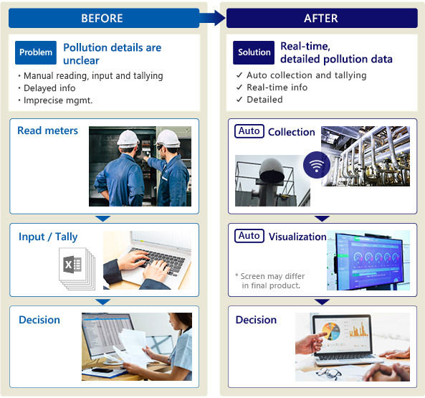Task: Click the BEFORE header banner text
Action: tap(102, 19)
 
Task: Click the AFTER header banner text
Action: tap(321, 19)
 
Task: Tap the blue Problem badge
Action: tap(36, 52)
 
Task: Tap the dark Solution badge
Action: tap(254, 52)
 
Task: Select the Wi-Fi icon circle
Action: tap(317, 165)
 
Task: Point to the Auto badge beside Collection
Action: tap(249, 131)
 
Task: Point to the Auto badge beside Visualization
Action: tap(249, 236)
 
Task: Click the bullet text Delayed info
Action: tap(49, 88)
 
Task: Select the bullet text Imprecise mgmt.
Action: tap(58, 100)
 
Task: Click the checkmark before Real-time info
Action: tap(239, 87)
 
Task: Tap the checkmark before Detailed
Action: tap(239, 100)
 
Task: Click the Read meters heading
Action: tap(48, 131)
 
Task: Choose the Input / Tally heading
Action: tap(48, 237)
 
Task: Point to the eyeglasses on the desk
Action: tap(328, 374)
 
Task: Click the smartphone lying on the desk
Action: tap(102, 370)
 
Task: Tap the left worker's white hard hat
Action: tap(128, 139)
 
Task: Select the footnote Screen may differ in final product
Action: tap(270, 281)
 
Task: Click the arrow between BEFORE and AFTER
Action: tap(212, 18)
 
